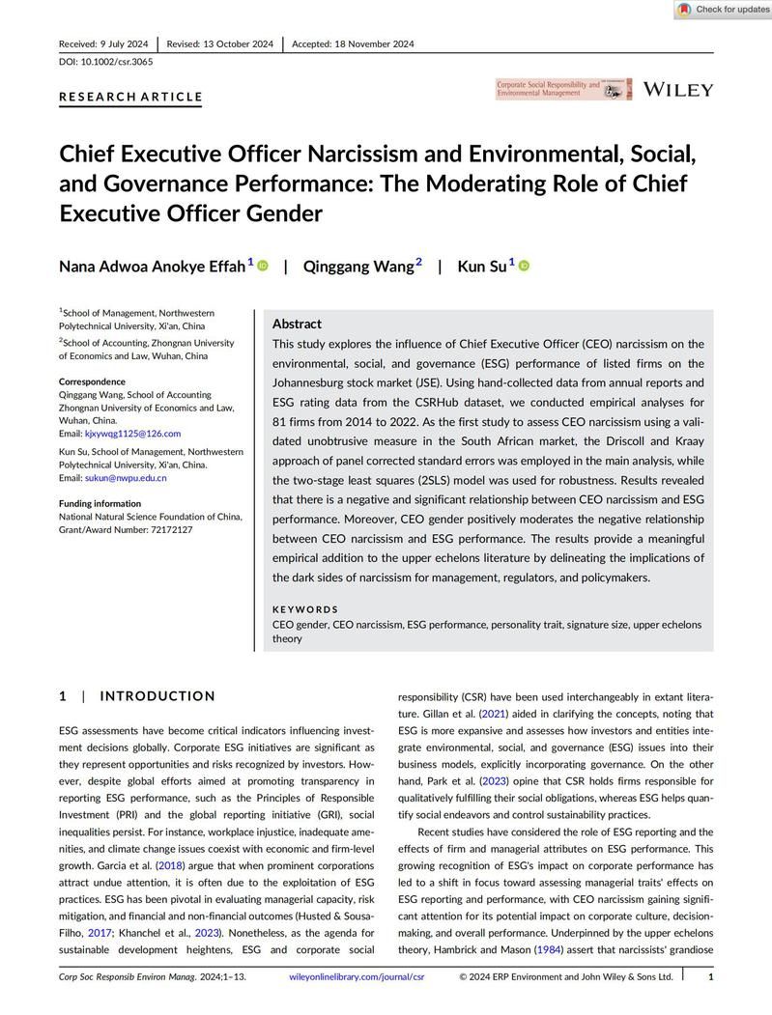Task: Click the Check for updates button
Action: (723, 10)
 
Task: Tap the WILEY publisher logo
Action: (678, 90)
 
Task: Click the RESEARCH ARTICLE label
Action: (130, 97)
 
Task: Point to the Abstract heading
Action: (297, 324)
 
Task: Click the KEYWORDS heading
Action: (305, 609)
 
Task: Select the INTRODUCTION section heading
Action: (157, 696)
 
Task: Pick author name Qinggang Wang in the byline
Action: (358, 267)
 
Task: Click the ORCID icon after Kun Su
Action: (525, 266)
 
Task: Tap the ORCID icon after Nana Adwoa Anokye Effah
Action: (263, 266)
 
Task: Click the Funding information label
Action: (100, 503)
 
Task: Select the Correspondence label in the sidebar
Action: (92, 381)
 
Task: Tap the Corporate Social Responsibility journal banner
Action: (563, 90)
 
